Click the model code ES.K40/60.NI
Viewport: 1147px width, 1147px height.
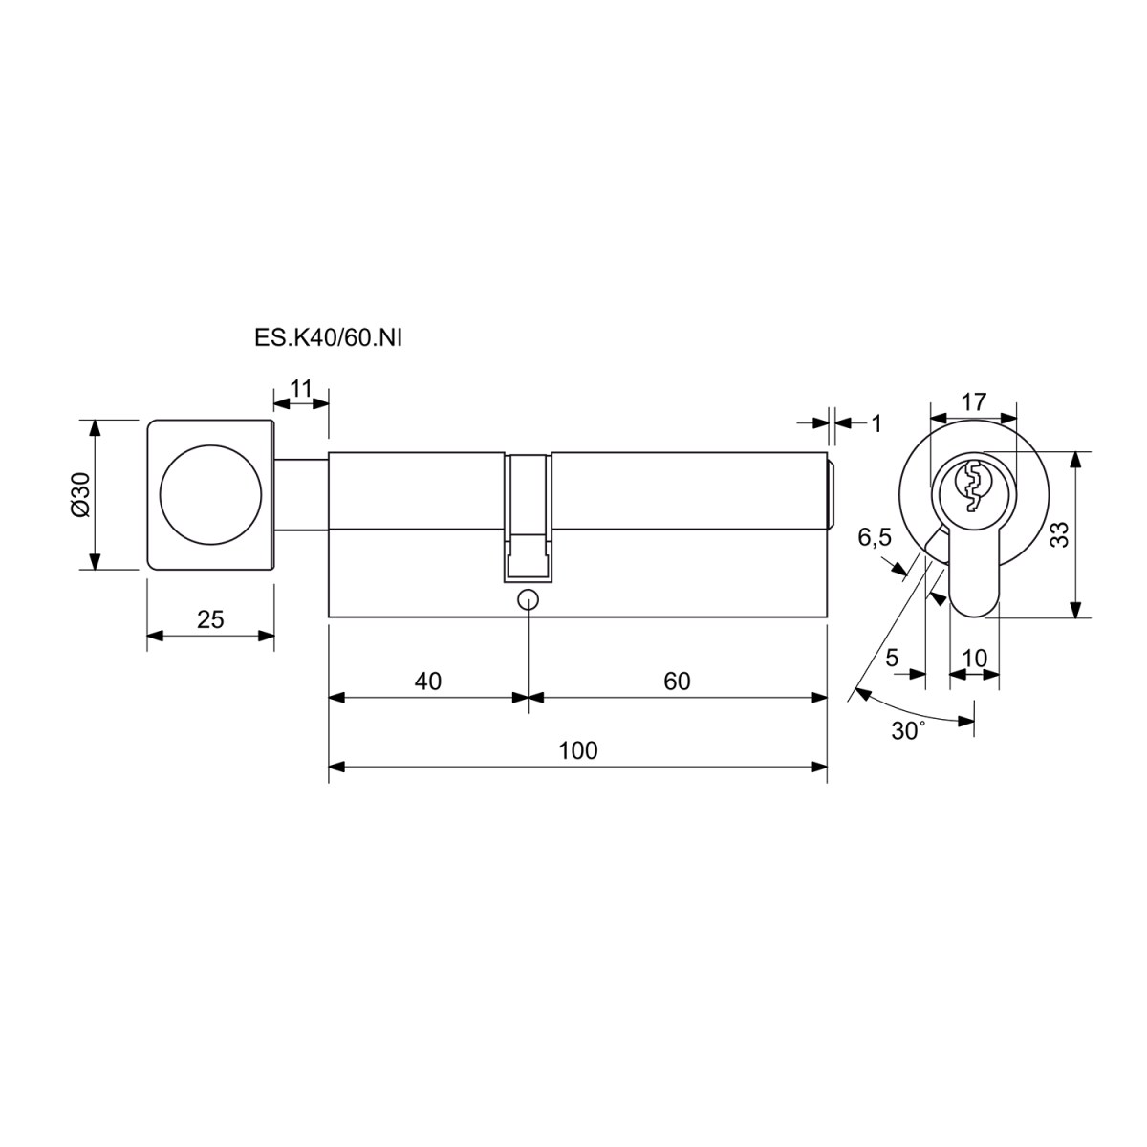[328, 338]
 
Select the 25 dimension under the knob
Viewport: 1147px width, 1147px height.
[210, 619]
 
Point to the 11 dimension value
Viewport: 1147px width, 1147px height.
[301, 389]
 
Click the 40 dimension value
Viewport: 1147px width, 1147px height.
[427, 682]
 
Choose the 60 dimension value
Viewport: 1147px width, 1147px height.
[677, 682]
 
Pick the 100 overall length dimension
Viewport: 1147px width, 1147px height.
[577, 751]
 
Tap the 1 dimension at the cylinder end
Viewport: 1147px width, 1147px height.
[876, 423]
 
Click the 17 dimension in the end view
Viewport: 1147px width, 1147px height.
[974, 402]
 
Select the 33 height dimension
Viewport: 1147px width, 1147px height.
[1060, 534]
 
